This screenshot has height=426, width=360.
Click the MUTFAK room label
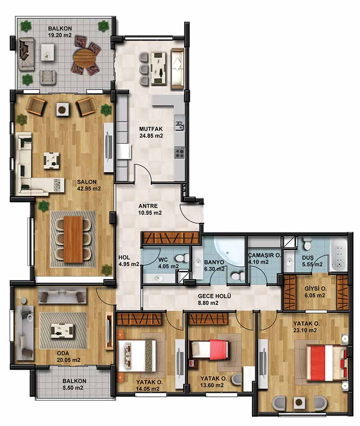tap(151, 129)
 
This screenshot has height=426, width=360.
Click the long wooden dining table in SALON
tap(73, 240)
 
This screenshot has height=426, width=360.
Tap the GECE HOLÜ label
tap(214, 296)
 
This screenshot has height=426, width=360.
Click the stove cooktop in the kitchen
tap(179, 152)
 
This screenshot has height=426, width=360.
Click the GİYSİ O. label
tap(315, 289)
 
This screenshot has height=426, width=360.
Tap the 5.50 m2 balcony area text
tap(73, 388)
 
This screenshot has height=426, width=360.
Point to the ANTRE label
tap(148, 206)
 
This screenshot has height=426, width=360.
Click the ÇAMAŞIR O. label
tap(264, 255)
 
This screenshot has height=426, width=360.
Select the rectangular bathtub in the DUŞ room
tap(338, 255)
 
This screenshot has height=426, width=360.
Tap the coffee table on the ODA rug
tap(62, 330)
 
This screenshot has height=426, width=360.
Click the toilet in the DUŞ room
tap(308, 244)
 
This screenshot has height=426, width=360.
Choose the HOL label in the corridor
tap(124, 258)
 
